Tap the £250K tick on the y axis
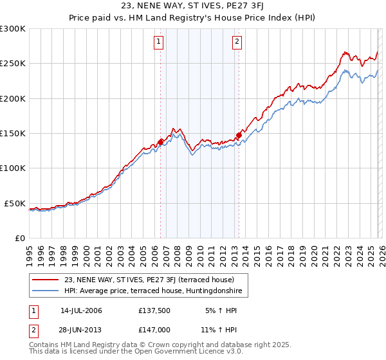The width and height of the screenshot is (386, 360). point(13,64)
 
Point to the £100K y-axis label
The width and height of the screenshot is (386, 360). point(13,168)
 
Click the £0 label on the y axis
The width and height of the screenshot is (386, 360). point(19,238)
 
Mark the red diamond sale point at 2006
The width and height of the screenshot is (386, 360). point(160,142)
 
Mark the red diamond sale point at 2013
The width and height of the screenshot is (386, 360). point(239,136)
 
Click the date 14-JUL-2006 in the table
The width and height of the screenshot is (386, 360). point(81,310)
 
